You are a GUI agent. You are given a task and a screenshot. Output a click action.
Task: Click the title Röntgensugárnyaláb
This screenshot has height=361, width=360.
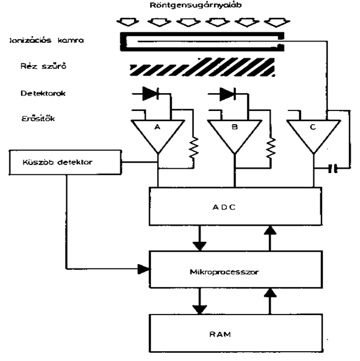(x=196, y=6)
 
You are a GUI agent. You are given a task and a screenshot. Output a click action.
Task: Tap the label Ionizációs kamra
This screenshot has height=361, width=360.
(x=47, y=40)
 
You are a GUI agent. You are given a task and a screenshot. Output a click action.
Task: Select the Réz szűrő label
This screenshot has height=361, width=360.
(x=43, y=66)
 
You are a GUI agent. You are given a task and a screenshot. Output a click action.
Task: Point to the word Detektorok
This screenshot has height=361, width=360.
(x=43, y=93)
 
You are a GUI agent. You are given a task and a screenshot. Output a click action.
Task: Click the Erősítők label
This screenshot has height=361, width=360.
(x=38, y=118)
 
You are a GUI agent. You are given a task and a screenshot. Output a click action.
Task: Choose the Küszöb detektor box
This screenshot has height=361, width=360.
(x=65, y=163)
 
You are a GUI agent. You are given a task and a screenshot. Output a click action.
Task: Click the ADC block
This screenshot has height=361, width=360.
(x=235, y=207)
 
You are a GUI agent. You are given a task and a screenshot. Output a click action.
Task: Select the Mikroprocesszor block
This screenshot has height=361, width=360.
(x=236, y=269)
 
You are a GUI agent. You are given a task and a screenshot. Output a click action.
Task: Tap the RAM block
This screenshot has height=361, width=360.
(x=236, y=333)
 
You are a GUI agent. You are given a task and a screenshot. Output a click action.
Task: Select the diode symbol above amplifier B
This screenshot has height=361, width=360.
(x=228, y=94)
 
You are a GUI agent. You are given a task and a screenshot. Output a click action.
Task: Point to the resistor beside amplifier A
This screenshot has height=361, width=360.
(x=194, y=148)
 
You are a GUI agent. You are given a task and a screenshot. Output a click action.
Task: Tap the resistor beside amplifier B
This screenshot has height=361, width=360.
(x=271, y=148)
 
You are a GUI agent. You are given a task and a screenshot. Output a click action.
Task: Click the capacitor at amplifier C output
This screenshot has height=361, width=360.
(x=333, y=168)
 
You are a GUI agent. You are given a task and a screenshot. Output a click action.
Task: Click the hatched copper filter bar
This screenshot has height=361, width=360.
(x=202, y=67)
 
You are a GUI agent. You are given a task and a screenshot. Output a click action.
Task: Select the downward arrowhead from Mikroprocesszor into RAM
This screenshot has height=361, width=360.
(x=199, y=310)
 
